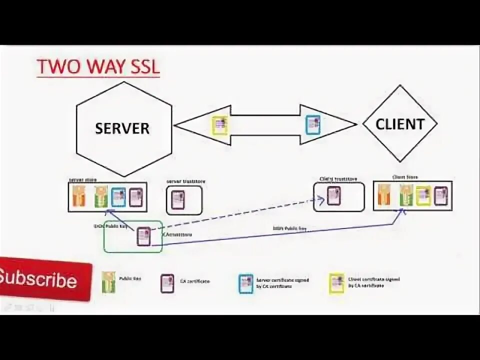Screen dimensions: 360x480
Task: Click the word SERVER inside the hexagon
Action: coord(122,128)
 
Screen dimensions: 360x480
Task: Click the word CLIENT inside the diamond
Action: coord(400,124)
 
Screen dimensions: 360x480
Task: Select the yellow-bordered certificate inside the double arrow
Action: coord(219,125)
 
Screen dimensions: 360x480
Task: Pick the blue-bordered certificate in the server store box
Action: coord(118,197)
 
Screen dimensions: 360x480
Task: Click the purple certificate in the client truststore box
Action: coord(333,196)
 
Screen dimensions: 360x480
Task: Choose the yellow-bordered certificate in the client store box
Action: coord(423,196)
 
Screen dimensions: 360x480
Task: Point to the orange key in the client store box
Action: coord(384,195)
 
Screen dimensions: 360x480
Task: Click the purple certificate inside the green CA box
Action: coord(143,236)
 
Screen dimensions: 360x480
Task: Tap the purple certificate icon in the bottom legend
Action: coord(167,283)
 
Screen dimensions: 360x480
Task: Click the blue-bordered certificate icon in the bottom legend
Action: coord(245,283)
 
